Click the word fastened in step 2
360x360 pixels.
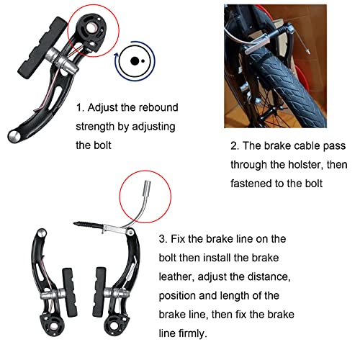[253, 183]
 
